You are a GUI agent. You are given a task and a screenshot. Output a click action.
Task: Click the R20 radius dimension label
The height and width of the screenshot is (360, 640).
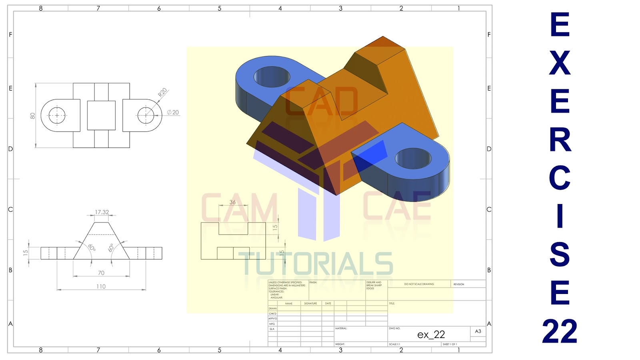[x=162, y=92]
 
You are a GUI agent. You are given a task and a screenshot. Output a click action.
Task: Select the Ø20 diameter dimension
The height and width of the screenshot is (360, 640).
[x=173, y=112]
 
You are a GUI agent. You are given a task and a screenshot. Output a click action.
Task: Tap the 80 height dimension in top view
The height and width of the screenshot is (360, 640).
[x=32, y=116]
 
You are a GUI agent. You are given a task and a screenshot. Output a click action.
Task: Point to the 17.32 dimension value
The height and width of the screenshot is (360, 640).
[x=102, y=212]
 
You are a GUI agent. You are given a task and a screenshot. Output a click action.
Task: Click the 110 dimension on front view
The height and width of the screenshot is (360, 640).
[x=101, y=286]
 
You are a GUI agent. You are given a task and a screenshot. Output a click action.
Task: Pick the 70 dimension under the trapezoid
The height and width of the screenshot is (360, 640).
[x=101, y=273]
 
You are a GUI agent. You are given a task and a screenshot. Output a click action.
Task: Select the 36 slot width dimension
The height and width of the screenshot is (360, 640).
[x=232, y=202]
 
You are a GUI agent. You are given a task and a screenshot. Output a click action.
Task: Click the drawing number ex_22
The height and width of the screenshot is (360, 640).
[x=431, y=334]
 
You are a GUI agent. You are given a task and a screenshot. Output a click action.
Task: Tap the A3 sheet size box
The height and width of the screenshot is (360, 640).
[x=478, y=331]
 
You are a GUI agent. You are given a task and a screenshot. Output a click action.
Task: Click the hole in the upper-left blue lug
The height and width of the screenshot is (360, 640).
[x=272, y=76]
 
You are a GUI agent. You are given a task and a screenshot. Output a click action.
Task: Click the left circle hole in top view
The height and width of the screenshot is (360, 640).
[x=57, y=116]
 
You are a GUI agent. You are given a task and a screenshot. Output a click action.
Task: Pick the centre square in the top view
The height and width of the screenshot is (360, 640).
[x=101, y=116]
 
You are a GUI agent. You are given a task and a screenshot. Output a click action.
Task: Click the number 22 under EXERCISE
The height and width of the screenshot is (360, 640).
[x=560, y=331]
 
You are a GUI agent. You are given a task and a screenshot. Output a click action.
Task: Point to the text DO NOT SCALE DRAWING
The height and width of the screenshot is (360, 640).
[x=419, y=284]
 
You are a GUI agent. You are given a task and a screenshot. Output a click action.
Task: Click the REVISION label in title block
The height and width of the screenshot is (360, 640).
[x=459, y=284]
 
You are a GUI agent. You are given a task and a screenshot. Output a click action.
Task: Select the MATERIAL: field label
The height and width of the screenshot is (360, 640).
[x=341, y=328]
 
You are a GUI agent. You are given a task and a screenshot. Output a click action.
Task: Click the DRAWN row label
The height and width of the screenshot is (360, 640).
[x=272, y=308]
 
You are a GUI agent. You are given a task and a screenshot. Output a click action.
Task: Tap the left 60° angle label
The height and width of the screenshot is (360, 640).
[x=92, y=248]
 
